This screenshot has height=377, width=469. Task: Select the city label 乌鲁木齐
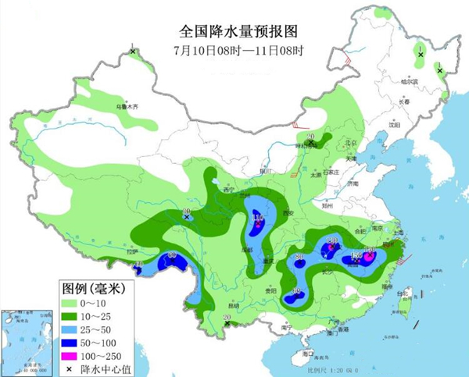click(127, 105)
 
